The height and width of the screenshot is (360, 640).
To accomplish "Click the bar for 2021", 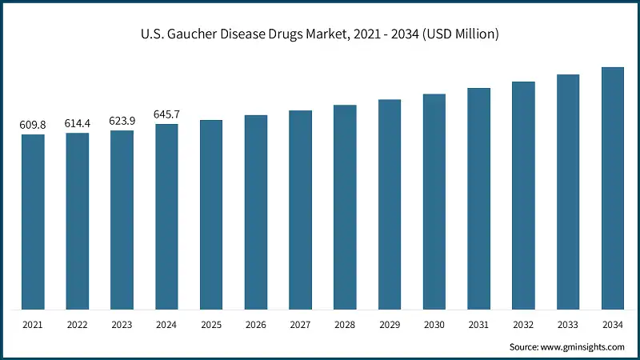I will click(x=33, y=222).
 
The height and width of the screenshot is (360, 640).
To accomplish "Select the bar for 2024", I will click(x=166, y=217).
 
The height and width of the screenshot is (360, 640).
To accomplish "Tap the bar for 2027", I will click(x=300, y=210).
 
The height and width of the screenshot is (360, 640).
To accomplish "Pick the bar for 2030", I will click(x=434, y=202).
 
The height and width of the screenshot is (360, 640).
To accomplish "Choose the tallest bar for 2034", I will click(x=613, y=188).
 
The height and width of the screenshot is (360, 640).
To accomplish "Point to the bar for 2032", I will click(x=523, y=195).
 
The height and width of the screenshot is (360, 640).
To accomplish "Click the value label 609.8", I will click(x=33, y=125).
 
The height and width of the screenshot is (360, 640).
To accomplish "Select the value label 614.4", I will click(x=78, y=123).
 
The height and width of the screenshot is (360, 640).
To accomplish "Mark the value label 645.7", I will click(x=166, y=114).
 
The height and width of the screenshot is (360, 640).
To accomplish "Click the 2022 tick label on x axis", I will click(x=78, y=325).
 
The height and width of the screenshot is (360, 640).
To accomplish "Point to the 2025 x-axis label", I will click(x=211, y=325).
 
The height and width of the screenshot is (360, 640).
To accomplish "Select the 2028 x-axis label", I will click(x=345, y=325).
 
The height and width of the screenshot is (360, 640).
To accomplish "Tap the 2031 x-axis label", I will click(x=478, y=325).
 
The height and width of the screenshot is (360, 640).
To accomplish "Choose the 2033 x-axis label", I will click(x=568, y=325).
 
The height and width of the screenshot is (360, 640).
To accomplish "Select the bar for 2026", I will click(x=256, y=212).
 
